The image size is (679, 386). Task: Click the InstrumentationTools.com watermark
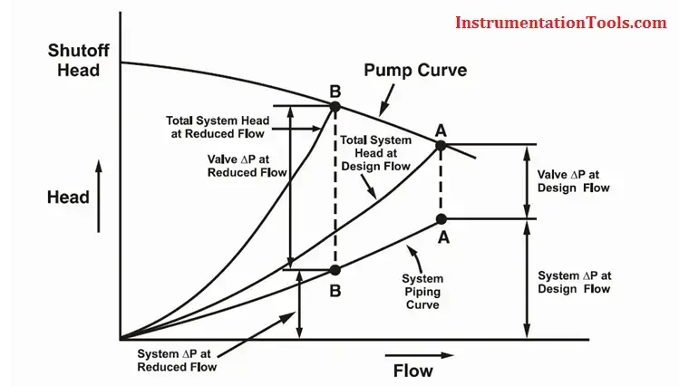click(x=560, y=23)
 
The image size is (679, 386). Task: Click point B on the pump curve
click(x=335, y=106)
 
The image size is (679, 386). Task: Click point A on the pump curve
click(x=441, y=145)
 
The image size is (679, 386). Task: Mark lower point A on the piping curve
click(x=441, y=218)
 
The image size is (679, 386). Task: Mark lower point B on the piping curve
click(x=335, y=269)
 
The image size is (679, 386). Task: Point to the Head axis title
click(x=69, y=198)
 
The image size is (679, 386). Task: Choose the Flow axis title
click(x=412, y=371)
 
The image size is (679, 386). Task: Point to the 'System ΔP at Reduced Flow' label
click(x=178, y=360)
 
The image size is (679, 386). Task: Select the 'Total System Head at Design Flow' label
click(x=373, y=153)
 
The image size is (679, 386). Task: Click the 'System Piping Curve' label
click(x=422, y=293)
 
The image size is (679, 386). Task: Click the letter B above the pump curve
click(x=335, y=91)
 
